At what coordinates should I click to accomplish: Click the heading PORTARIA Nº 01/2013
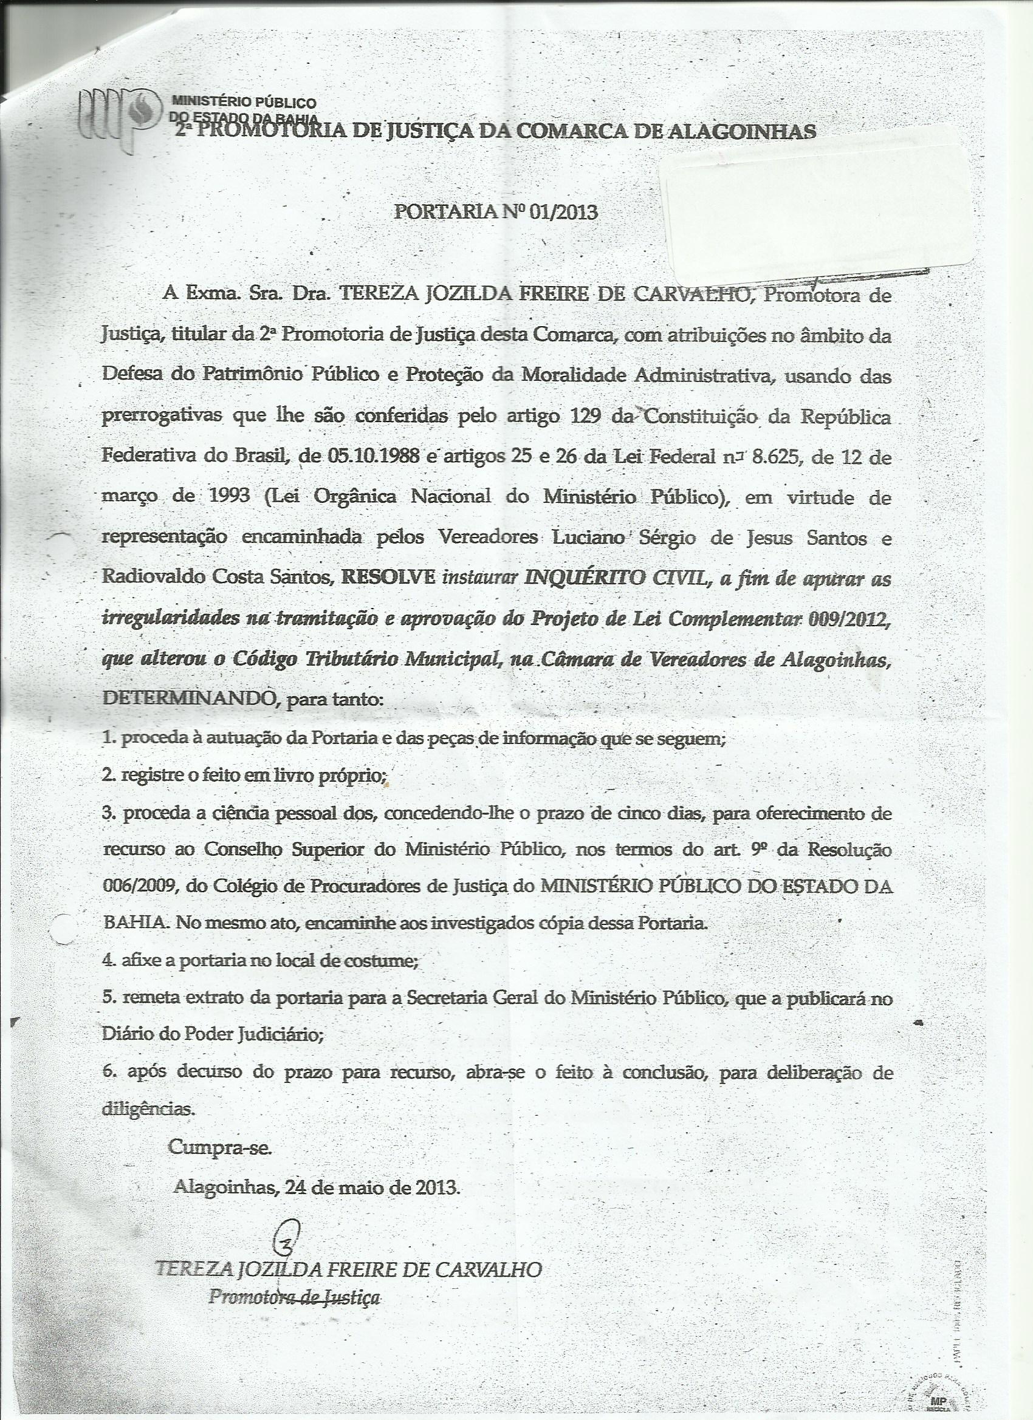tap(495, 212)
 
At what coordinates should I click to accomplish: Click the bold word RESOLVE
tap(386, 576)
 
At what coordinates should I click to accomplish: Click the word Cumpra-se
tap(220, 1147)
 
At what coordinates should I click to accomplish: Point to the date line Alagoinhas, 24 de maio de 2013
tap(317, 1186)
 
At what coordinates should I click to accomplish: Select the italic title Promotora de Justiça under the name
tap(295, 1297)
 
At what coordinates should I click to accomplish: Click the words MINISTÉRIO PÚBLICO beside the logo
tap(244, 103)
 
